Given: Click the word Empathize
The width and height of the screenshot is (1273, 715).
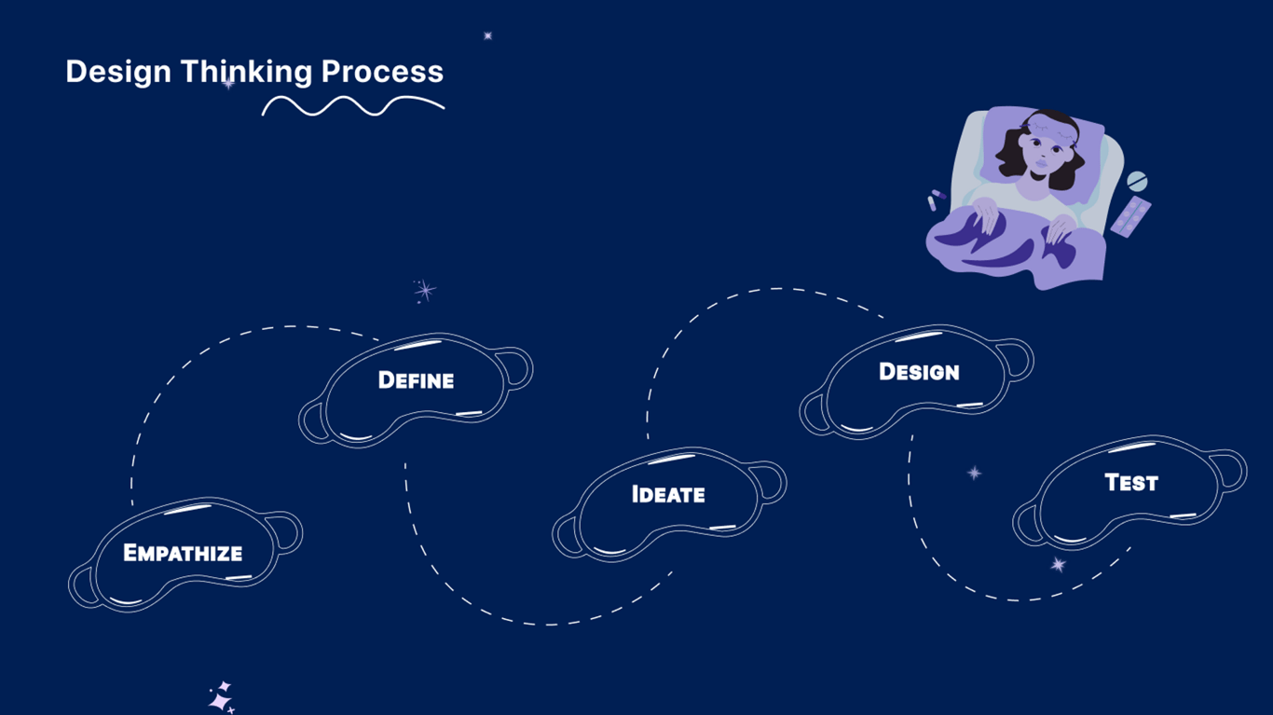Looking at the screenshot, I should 183,553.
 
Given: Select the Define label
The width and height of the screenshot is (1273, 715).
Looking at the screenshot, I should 416,380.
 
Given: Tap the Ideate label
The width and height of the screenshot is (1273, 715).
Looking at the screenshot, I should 668,494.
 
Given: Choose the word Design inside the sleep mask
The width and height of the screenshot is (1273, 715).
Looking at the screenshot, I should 919,372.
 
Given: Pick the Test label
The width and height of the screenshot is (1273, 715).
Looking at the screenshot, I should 1130,483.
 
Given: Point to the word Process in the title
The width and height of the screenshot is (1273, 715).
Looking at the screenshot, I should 382,72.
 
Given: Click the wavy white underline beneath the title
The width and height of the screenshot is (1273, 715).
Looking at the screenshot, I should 352,105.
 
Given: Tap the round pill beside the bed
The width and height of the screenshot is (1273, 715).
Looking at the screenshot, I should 1137,181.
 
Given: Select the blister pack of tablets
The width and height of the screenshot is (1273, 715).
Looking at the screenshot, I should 1130,216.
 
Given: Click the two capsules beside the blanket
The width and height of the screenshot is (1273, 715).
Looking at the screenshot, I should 937,199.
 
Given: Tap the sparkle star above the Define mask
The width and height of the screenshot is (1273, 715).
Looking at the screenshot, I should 425,291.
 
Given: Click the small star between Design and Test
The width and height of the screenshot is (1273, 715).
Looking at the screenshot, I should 974,473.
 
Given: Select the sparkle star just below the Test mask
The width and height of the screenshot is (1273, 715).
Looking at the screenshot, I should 1058,564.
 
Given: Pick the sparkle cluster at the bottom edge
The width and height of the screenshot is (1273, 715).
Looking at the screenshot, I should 221,698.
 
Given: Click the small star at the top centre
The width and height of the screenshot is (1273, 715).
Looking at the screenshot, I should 487,35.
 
